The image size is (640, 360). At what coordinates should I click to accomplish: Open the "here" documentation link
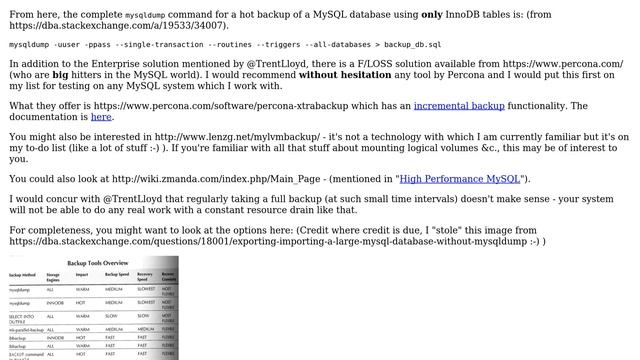[101, 117]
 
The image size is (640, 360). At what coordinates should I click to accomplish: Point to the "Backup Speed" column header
[117, 273]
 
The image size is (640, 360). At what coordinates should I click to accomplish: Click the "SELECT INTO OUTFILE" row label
[22, 317]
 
